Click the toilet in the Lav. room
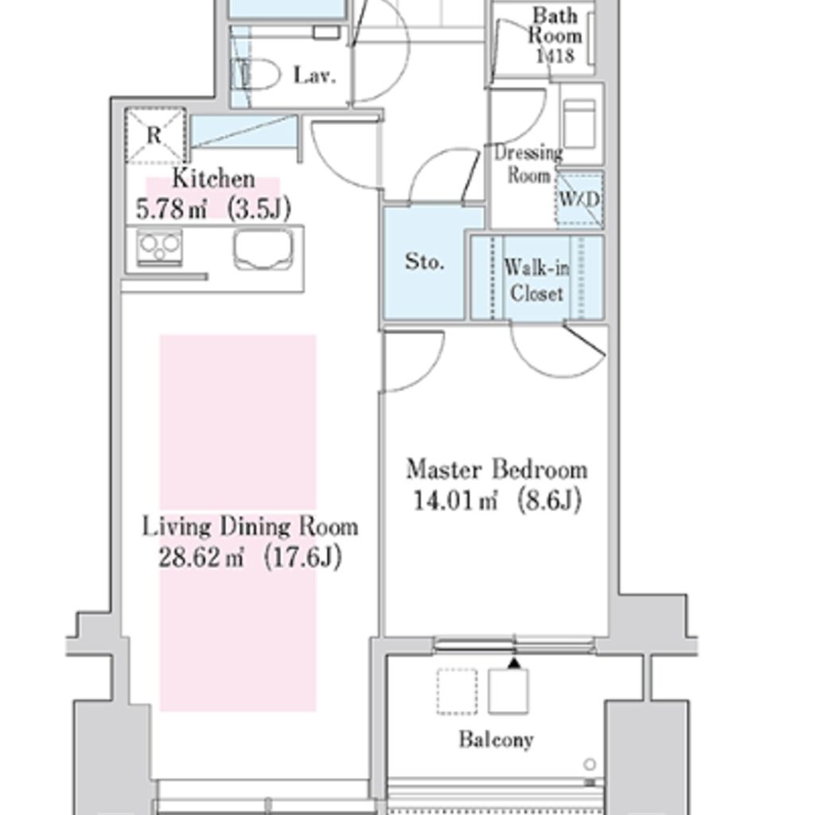pos(257,76)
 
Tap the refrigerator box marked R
pos(154,135)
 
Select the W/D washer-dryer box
pos(579,198)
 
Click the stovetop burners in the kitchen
pos(159,247)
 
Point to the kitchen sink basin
pos(263,249)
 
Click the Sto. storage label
pos(424,263)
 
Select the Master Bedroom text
pos(497,470)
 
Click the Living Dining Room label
pos(250,527)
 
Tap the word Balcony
pos(496,740)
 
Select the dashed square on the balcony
pos(457,690)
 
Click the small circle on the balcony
pos(589,765)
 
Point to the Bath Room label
pos(555,25)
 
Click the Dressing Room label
pos(528,164)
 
